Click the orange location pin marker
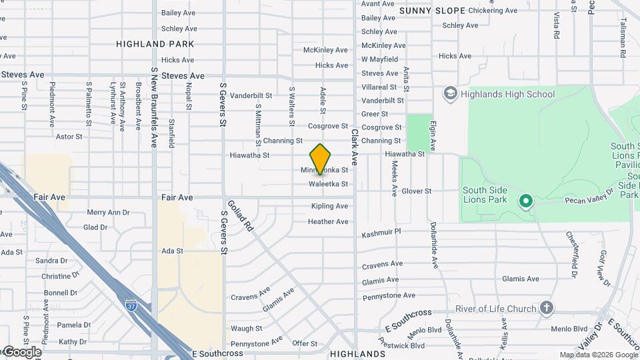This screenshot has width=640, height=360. tap(321, 159)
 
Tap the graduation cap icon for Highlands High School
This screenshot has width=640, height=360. tap(451, 94)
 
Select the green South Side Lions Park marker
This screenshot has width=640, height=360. tap(525, 201)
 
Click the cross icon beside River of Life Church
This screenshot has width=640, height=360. tap(547, 308)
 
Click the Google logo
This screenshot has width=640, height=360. tap(21, 352)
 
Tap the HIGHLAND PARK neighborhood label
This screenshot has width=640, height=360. tap(155, 44)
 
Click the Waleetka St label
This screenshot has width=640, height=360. tap(328, 184)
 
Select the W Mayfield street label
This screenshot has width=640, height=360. tap(383, 59)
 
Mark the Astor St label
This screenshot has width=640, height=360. tap(69, 137)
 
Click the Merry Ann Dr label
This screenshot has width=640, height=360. tap(108, 213)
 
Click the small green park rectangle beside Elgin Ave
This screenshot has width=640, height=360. tap(419, 132)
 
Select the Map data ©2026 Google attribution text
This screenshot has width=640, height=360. tap(598, 355)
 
